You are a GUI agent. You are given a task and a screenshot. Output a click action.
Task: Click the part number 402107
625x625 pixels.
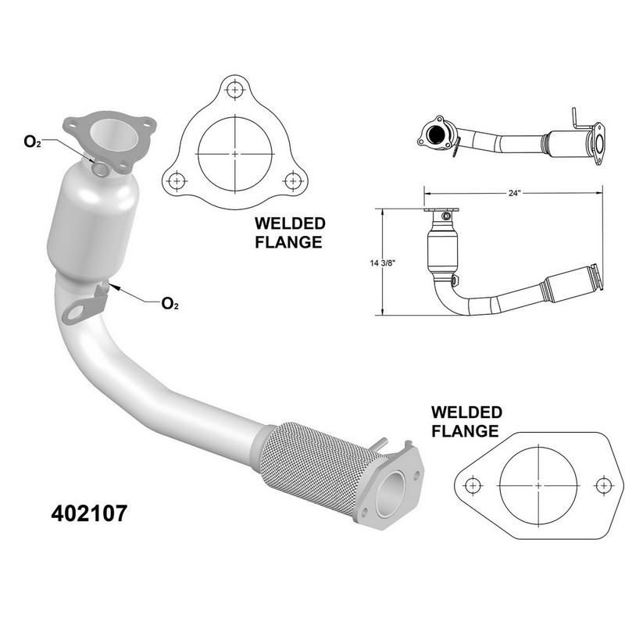[89, 513]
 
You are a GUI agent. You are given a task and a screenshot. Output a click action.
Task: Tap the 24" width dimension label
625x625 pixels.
[515, 193]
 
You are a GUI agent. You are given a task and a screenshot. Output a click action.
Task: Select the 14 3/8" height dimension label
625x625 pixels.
[382, 263]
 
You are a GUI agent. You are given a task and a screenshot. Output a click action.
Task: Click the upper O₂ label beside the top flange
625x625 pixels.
[32, 141]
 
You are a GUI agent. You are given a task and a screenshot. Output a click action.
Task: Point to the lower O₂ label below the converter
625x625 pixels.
[170, 304]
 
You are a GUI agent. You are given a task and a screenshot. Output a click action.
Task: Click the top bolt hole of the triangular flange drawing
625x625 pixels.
[235, 89]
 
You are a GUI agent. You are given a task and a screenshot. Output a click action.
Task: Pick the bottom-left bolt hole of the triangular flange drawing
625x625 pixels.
[177, 180]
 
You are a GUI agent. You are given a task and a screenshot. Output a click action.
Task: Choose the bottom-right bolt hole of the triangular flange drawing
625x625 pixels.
[293, 180]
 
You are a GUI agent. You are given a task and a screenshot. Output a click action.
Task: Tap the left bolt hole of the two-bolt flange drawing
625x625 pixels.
[473, 485]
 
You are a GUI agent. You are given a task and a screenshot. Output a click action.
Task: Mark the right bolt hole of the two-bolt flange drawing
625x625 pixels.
[603, 485]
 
